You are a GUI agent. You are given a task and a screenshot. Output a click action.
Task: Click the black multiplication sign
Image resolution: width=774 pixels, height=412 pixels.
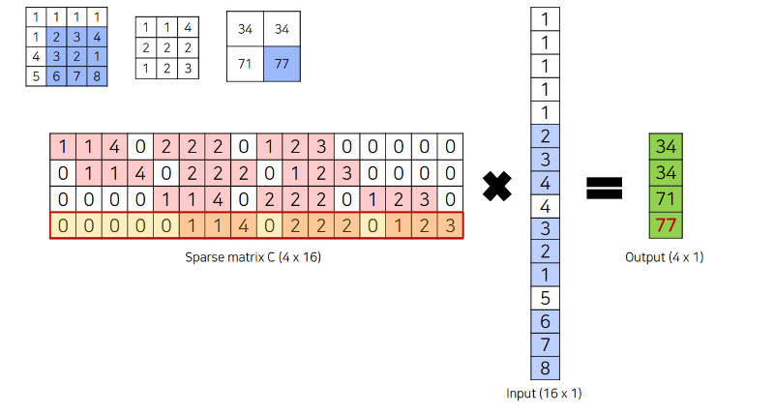496,187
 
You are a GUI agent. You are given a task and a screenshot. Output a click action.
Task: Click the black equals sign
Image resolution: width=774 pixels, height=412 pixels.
604,187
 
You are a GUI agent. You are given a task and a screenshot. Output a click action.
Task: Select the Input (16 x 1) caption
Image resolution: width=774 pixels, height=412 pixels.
544,394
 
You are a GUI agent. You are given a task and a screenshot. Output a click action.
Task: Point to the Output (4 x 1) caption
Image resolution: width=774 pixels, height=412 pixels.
665,257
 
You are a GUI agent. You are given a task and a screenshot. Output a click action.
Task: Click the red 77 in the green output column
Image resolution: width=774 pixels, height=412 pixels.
665,226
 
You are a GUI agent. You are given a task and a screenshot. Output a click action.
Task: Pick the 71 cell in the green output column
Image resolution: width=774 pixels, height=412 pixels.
665,200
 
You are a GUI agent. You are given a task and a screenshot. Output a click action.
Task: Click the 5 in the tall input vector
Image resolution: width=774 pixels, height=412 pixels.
545,298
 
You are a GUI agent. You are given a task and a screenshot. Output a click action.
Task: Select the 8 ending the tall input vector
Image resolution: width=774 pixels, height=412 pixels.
545,368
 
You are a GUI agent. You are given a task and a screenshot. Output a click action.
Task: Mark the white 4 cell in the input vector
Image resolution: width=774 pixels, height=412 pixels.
545,205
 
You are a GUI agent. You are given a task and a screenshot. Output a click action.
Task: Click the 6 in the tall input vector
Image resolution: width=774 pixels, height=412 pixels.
545,321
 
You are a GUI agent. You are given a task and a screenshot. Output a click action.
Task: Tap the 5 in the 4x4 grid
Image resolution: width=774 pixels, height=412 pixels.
36,75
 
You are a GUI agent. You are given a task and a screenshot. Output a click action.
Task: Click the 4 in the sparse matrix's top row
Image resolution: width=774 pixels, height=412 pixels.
114,148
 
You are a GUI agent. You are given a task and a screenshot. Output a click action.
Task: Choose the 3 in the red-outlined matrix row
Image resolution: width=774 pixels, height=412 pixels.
450,226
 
